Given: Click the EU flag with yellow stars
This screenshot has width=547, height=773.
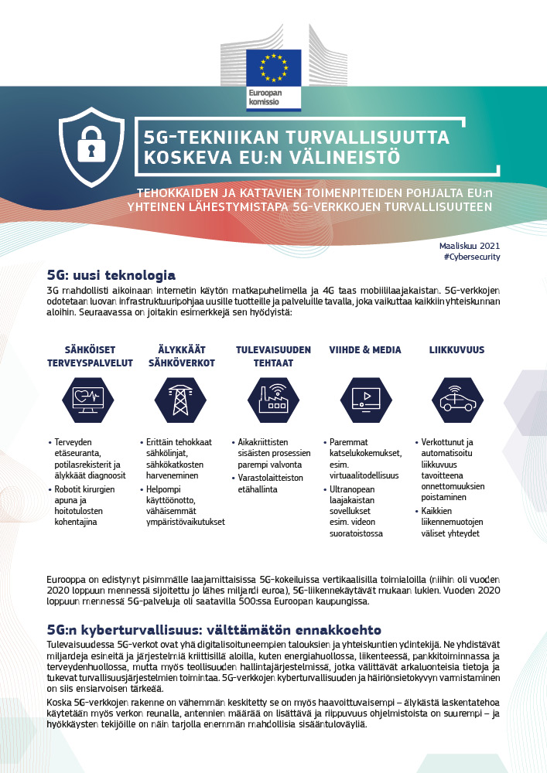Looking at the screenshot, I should pos(273,67).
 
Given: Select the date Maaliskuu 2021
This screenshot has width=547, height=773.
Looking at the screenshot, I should pos(475,244).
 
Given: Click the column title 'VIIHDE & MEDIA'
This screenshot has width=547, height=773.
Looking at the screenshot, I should pos(365,350).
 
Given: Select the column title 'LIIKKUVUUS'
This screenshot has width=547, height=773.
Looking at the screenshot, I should pos(456,350).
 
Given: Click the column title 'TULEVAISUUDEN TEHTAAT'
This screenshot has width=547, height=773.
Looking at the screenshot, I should pos(273,356).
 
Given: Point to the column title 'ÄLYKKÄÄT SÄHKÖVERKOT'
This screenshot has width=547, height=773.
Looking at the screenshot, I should pos(181,356).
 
